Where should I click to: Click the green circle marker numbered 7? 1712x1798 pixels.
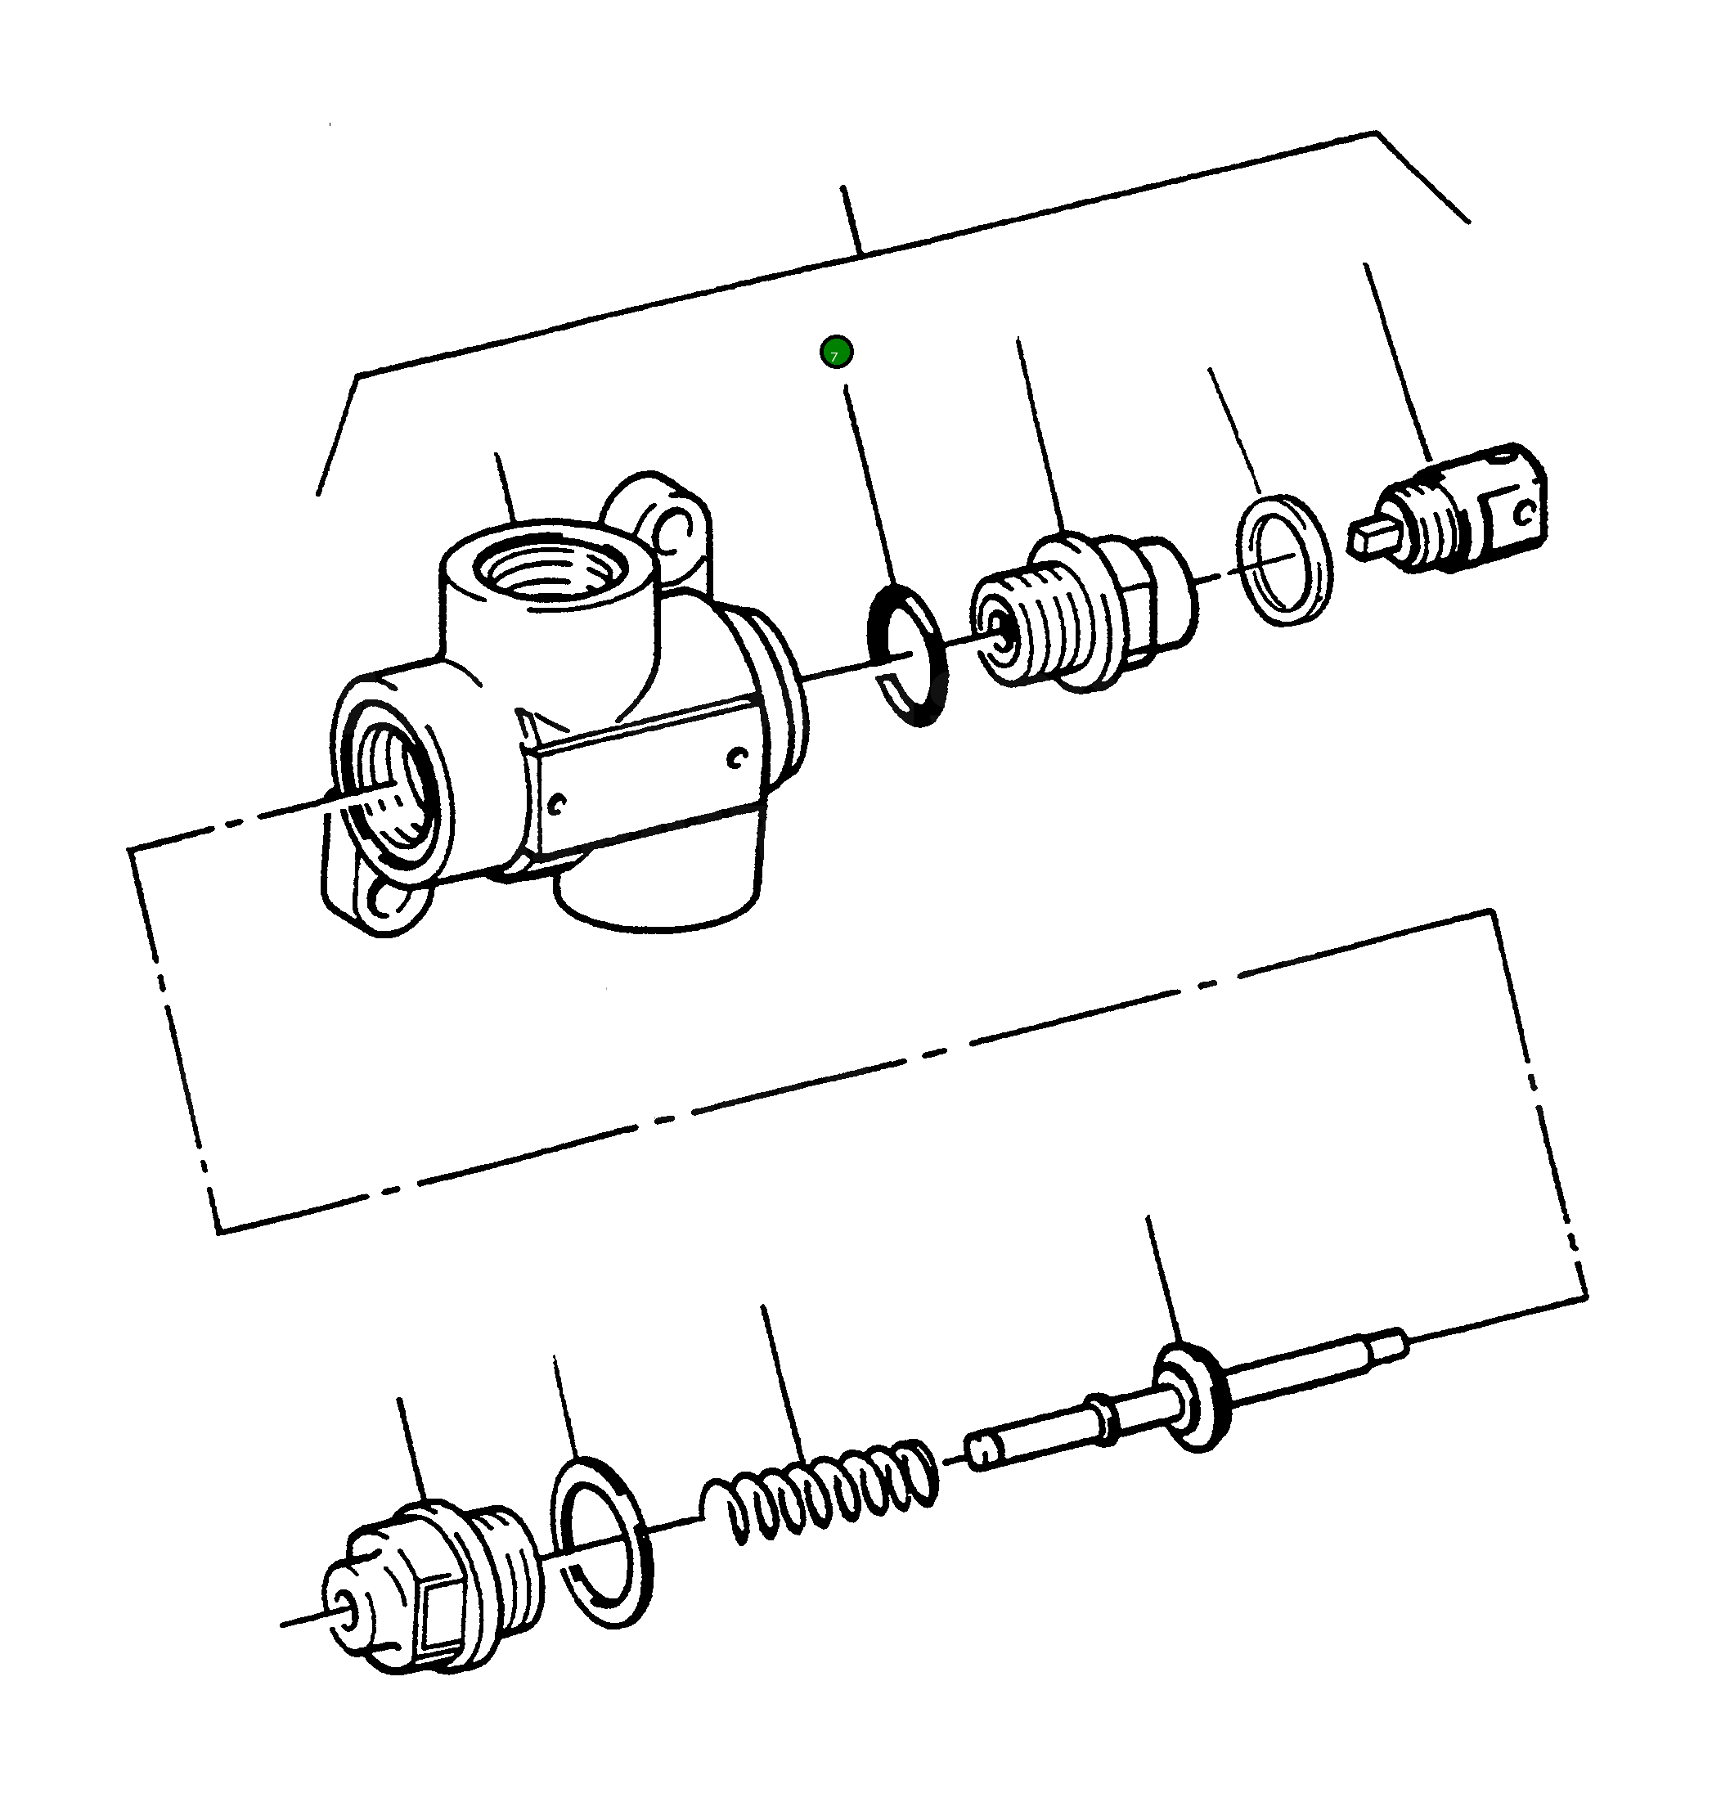point(836,353)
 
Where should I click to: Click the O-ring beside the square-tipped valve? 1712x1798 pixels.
point(1285,560)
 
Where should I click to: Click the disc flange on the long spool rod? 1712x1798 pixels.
point(1192,1396)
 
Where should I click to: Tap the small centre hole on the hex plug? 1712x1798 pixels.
point(346,1607)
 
